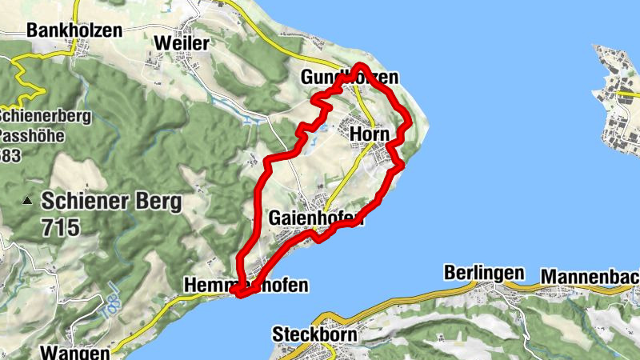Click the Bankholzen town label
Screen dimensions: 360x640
(74, 30)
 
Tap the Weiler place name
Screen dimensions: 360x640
(183, 42)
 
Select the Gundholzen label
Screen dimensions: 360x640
(350, 78)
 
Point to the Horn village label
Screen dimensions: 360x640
(370, 134)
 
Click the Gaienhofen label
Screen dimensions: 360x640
(317, 218)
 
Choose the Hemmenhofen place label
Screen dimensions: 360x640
(245, 285)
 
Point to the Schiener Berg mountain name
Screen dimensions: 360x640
(112, 200)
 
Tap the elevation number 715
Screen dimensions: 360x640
(62, 227)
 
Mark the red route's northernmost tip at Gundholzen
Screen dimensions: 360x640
(361, 65)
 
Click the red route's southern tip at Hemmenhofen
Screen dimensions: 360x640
(238, 294)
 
